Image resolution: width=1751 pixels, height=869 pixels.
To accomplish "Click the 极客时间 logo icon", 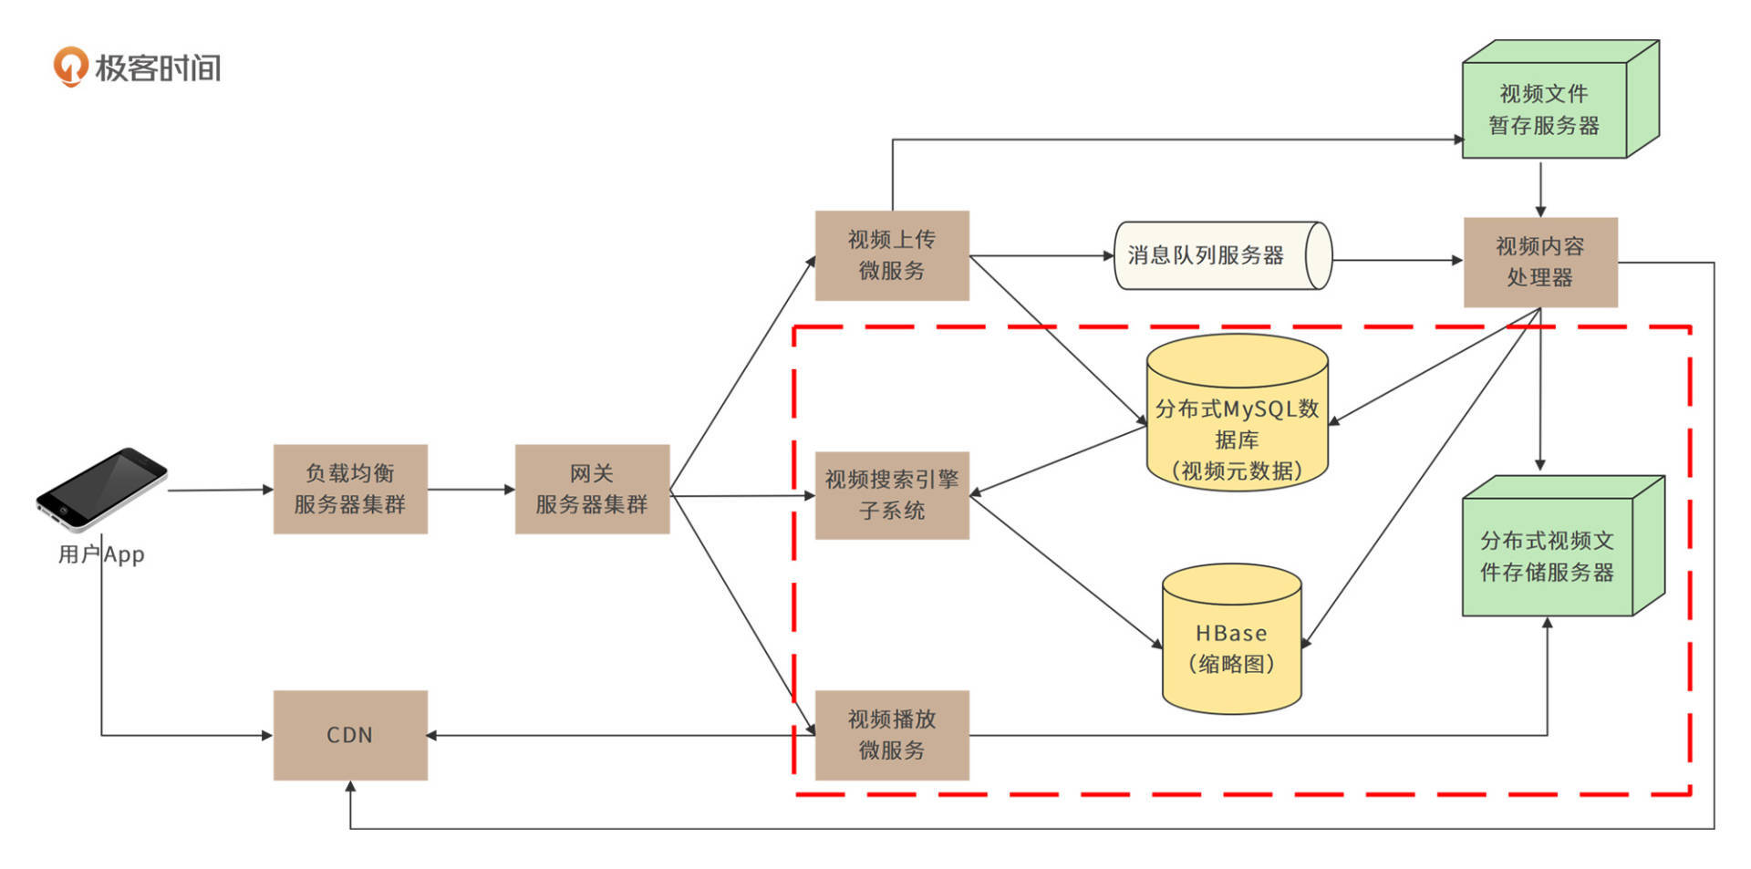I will point(70,67).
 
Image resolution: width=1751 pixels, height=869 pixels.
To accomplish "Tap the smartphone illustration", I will point(101,489).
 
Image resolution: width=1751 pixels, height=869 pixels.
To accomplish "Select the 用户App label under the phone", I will point(101,554).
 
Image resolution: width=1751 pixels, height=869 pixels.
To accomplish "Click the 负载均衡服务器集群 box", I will point(350,489).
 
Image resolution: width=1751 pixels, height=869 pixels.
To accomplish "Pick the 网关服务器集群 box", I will point(592,489).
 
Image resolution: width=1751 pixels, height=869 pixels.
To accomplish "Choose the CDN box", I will point(350,735).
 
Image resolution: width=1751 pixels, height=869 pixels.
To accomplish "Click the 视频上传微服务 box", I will point(891,255).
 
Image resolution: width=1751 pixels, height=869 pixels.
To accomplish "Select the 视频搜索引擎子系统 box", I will point(891,495).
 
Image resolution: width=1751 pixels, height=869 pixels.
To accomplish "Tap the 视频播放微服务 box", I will point(891,735).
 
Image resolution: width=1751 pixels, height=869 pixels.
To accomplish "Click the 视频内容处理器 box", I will point(1540,262).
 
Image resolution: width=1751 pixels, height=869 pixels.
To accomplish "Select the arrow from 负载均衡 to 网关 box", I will point(471,490).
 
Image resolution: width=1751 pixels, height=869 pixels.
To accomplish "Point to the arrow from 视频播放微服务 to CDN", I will point(620,735).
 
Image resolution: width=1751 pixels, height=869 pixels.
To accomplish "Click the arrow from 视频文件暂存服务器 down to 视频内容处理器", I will point(1540,189).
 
